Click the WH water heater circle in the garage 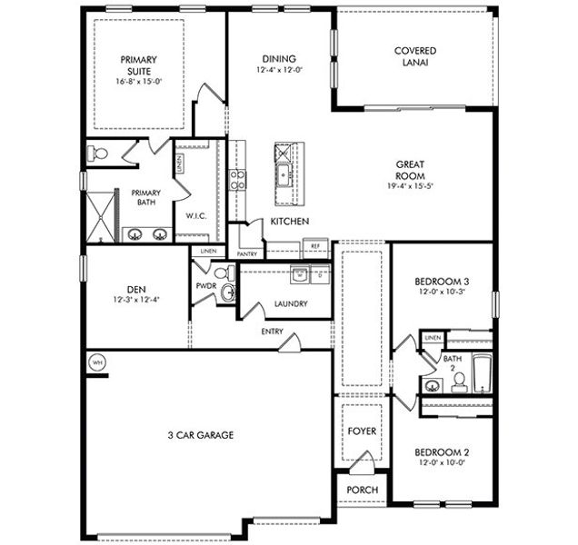pos(96,362)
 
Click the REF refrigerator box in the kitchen pos(315,245)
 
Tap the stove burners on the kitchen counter pos(237,179)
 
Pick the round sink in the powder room pos(228,292)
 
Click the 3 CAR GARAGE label pos(202,435)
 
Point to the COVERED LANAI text pos(414,57)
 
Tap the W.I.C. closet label pos(197,216)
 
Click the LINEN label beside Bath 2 pos(433,338)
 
